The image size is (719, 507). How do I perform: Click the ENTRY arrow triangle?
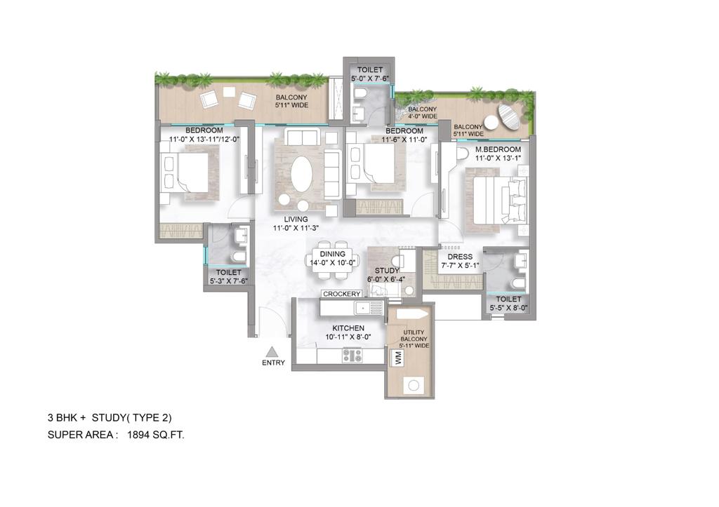click(x=273, y=352)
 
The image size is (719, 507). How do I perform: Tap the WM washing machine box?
click(x=397, y=357)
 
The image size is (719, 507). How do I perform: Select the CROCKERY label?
click(x=342, y=294)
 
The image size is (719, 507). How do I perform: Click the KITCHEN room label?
click(x=348, y=328)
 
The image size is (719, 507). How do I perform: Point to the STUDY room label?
click(x=386, y=271)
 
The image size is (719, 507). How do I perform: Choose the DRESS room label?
click(x=460, y=257)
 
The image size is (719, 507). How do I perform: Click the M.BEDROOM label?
click(x=498, y=149)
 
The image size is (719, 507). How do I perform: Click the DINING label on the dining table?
click(x=332, y=254)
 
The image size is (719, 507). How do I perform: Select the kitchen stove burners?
click(x=352, y=356)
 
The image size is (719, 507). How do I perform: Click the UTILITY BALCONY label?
click(x=414, y=336)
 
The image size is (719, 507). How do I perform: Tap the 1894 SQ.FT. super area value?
click(x=156, y=435)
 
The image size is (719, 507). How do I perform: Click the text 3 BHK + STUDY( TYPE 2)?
click(x=110, y=418)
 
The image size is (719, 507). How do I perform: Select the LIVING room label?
click(x=296, y=219)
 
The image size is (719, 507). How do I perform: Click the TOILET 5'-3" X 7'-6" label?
click(x=228, y=276)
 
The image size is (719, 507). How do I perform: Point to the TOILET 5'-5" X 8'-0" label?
click(x=508, y=304)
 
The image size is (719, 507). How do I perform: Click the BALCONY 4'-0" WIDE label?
click(x=422, y=113)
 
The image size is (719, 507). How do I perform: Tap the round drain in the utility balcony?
click(x=414, y=386)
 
